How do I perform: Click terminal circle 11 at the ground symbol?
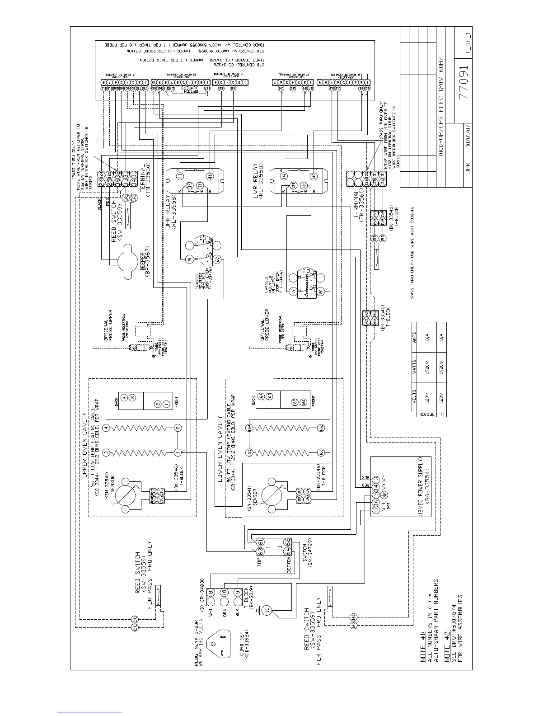(267, 610)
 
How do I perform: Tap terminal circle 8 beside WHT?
(211, 592)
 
